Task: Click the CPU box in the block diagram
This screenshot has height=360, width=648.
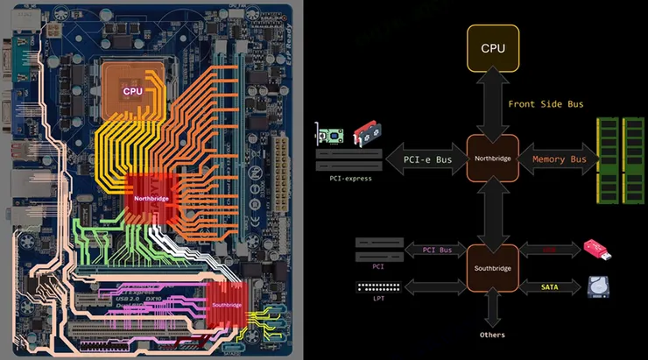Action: pyautogui.click(x=494, y=48)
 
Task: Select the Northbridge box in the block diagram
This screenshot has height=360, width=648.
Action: pyautogui.click(x=494, y=159)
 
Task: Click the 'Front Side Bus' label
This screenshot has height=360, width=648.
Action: pyautogui.click(x=546, y=103)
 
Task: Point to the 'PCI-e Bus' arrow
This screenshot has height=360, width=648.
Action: pyautogui.click(x=426, y=159)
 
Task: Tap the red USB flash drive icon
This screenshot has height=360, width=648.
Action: pyautogui.click(x=598, y=250)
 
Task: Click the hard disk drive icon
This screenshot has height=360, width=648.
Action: pyautogui.click(x=598, y=286)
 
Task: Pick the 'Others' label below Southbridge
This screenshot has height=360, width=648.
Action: pyautogui.click(x=493, y=334)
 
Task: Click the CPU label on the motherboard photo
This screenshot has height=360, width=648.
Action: pyautogui.click(x=132, y=90)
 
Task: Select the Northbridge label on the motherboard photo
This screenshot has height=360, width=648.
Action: pyautogui.click(x=151, y=198)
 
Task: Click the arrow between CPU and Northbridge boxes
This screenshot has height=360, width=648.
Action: pyautogui.click(x=494, y=103)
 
